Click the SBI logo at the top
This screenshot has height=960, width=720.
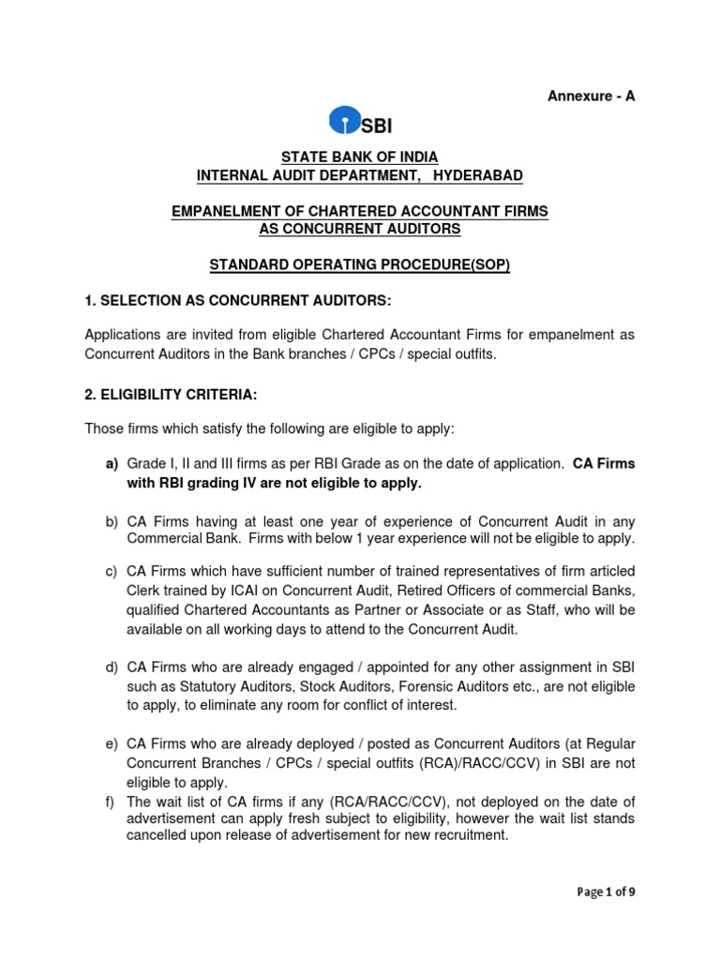point(360,122)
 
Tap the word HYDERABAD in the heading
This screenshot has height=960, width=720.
point(473,175)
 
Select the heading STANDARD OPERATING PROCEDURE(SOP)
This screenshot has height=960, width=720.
point(360,265)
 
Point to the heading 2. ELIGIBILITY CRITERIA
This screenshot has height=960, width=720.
point(171,396)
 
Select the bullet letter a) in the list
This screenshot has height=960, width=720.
point(110,464)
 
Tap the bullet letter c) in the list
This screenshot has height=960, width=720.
point(110,572)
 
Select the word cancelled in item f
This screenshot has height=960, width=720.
point(160,835)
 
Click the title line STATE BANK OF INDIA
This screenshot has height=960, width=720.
point(360,157)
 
